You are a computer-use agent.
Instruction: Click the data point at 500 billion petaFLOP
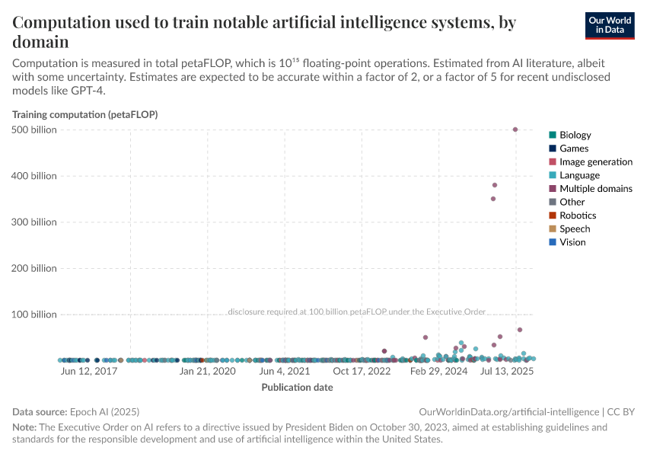tap(515, 129)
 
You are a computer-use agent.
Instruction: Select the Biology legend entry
tap(575, 135)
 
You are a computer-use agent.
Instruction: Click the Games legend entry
tap(573, 149)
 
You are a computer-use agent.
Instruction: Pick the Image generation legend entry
tap(595, 161)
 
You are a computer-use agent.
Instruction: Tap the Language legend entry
tap(579, 175)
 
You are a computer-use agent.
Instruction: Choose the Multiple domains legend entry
tap(595, 188)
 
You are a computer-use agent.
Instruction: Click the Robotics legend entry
tap(578, 216)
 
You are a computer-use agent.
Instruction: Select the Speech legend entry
tap(575, 228)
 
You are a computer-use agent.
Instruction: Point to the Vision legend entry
tap(572, 242)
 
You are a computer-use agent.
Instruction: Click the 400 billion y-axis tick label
tap(33, 176)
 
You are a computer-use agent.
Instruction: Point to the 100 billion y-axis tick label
tap(33, 314)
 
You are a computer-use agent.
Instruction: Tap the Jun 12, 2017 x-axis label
tap(88, 372)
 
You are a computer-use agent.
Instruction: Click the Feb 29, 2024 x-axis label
tap(439, 372)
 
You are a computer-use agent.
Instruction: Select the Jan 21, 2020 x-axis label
tap(207, 372)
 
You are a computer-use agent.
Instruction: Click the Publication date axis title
tap(297, 387)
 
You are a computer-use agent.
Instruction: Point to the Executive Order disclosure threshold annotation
tap(356, 312)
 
